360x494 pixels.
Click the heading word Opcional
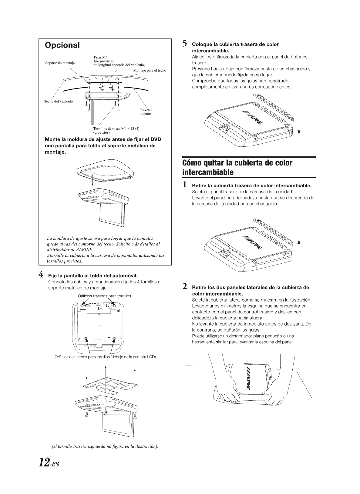pyautogui.click(x=62, y=45)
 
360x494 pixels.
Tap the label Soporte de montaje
pyautogui.click(x=60, y=63)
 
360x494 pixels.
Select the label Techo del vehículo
pyautogui.click(x=59, y=101)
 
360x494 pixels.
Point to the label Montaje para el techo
pyautogui.click(x=150, y=70)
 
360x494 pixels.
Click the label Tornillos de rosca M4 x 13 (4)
pyautogui.click(x=116, y=129)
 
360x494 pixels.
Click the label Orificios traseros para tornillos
pyautogui.click(x=105, y=296)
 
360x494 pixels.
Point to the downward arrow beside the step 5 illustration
pyautogui.click(x=299, y=124)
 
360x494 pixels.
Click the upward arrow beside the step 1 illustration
pyautogui.click(x=299, y=249)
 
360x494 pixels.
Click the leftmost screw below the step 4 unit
pyautogui.click(x=87, y=415)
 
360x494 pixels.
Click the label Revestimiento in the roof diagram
pyautogui.click(x=146, y=112)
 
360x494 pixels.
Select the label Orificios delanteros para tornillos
pyautogui.click(x=105, y=357)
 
